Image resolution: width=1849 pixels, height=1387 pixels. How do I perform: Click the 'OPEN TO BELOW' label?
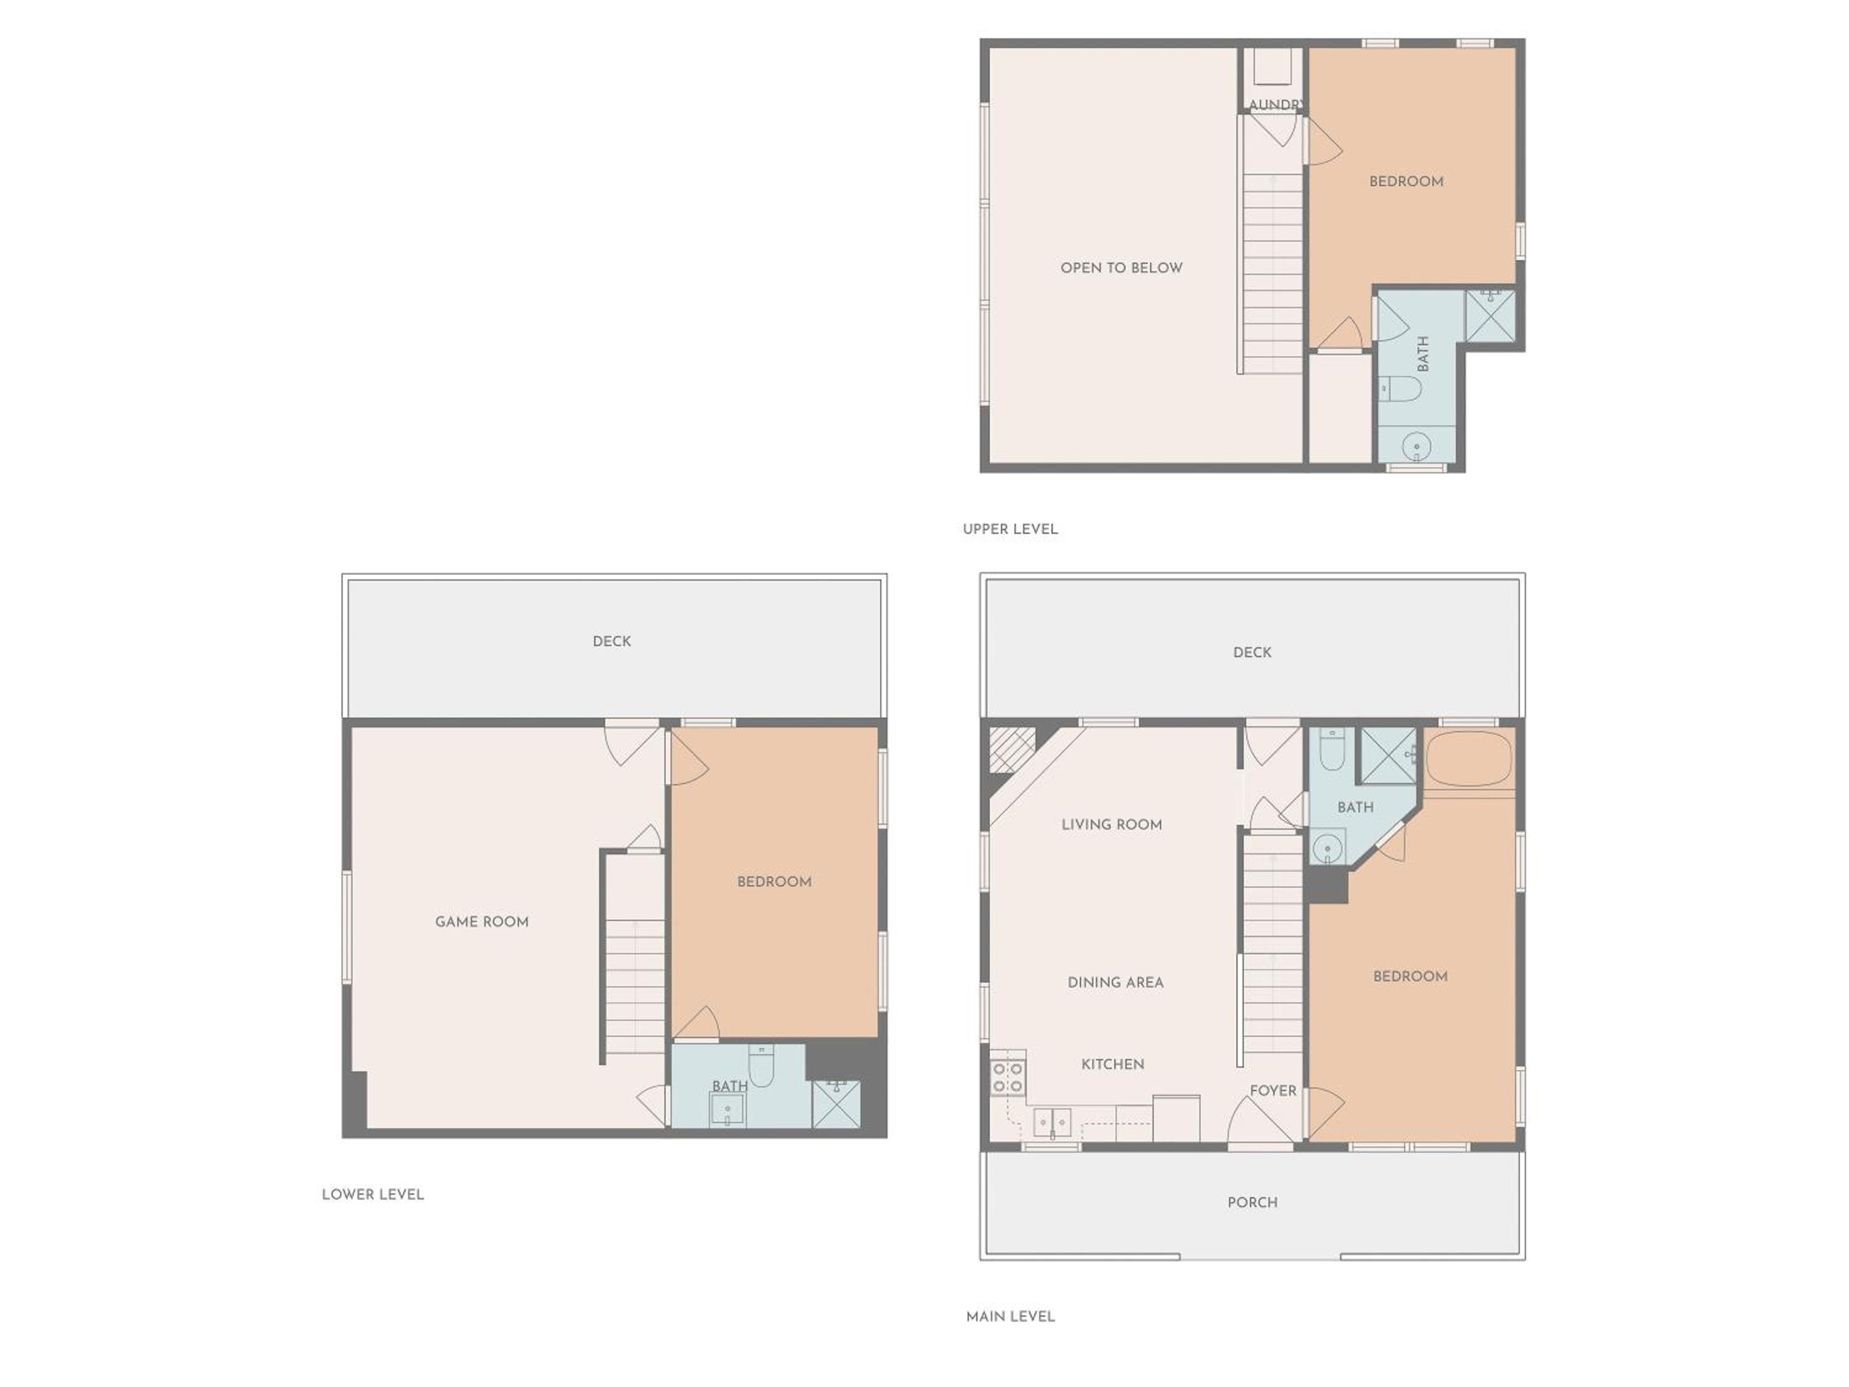[1121, 268]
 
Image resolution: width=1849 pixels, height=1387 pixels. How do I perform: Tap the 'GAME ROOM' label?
[481, 922]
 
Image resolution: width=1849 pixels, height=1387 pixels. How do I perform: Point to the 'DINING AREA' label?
[1115, 983]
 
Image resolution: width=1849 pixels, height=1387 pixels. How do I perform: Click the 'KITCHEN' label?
[1112, 1064]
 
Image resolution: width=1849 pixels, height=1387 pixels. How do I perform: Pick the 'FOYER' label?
[1273, 1091]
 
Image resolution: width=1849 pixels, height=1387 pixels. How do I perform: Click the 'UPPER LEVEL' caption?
[1010, 529]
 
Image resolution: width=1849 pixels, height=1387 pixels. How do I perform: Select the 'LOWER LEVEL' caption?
[373, 1195]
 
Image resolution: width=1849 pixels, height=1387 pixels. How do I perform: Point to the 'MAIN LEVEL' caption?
[1010, 1317]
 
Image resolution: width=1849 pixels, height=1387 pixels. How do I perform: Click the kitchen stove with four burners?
[1007, 1078]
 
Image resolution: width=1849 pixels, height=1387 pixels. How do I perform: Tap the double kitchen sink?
[1053, 1123]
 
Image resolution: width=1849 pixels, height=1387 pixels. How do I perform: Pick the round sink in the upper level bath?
[1416, 446]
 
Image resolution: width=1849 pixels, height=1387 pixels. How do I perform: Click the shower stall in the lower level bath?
[836, 1105]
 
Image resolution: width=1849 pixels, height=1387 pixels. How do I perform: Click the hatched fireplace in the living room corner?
[1012, 749]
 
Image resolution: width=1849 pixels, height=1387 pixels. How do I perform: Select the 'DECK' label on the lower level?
[612, 641]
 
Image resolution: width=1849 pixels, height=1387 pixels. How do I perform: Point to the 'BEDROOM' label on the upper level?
[1406, 181]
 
